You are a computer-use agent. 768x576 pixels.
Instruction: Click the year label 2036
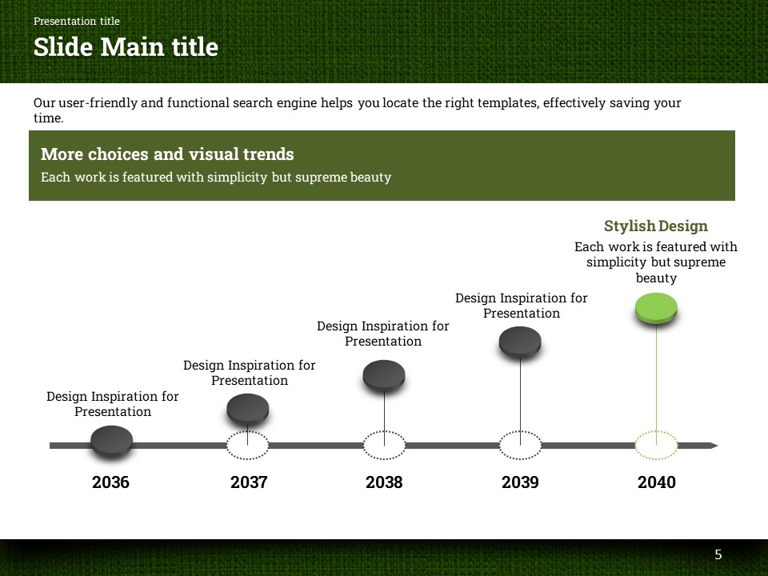click(x=110, y=482)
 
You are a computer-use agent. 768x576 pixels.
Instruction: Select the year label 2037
click(x=249, y=482)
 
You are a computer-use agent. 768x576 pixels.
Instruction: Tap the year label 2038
click(x=384, y=482)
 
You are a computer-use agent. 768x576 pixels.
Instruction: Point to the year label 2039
click(x=520, y=482)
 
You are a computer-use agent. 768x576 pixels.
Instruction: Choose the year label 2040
click(x=656, y=482)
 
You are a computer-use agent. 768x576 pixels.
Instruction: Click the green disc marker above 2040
click(x=656, y=308)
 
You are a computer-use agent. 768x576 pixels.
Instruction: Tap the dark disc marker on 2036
click(x=112, y=442)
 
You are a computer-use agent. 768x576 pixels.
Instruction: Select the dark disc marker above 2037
click(x=248, y=409)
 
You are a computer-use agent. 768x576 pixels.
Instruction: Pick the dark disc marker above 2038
click(x=384, y=376)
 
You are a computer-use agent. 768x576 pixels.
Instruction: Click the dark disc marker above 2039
click(x=520, y=342)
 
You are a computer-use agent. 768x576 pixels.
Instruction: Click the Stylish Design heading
click(x=656, y=226)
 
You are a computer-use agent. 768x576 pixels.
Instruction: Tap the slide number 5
click(x=718, y=554)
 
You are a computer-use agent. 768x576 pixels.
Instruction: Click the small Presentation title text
click(x=77, y=21)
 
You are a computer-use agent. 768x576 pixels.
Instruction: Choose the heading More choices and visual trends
click(x=167, y=154)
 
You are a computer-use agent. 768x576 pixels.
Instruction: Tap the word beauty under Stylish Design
click(x=656, y=278)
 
